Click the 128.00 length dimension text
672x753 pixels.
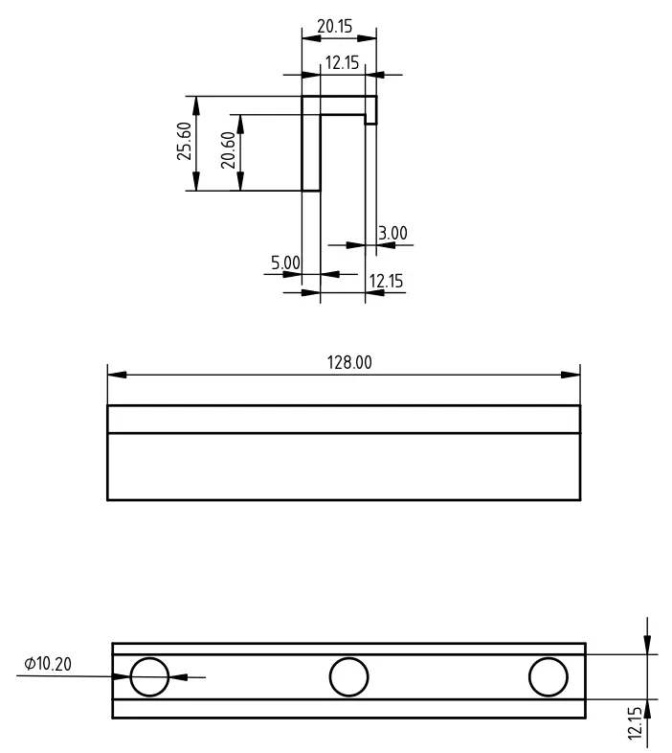point(349,362)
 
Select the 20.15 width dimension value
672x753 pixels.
point(335,27)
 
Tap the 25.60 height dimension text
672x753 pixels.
point(185,141)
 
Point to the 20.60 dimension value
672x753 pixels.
point(228,150)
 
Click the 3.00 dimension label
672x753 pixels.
point(392,233)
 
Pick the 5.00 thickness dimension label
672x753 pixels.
point(285,262)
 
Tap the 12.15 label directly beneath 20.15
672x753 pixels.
point(342,63)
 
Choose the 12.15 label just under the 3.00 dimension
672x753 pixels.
point(387,281)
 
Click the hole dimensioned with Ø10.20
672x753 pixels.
point(149,676)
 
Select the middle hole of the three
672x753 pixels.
point(348,676)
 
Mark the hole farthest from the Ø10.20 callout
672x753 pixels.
point(548,676)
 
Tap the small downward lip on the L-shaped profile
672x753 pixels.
point(371,109)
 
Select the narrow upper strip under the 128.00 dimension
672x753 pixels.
point(344,419)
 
